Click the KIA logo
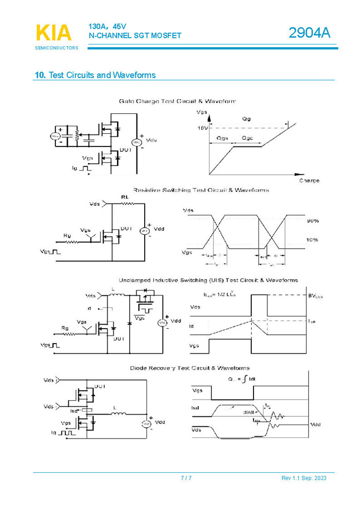[54, 33]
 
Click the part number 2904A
[309, 34]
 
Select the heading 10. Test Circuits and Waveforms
[95, 75]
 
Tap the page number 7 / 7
[186, 478]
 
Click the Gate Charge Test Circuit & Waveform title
[177, 102]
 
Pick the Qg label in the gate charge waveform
[247, 119]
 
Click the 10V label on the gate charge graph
[202, 128]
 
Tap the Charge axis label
[309, 181]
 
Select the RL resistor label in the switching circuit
[125, 197]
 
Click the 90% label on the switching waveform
[312, 221]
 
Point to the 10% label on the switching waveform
[312, 240]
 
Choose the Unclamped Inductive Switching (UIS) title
[208, 280]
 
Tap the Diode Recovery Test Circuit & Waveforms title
[190, 368]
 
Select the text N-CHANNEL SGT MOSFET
[135, 36]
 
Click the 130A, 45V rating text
[108, 26]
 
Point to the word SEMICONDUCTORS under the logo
[57, 48]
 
